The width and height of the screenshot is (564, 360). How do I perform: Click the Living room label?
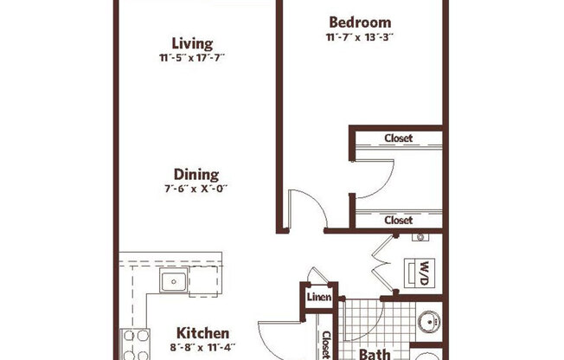[192, 43]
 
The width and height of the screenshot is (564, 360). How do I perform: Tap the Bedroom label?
[360, 22]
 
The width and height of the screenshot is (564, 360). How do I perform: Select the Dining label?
[195, 174]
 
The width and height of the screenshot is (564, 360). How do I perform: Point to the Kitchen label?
[202, 333]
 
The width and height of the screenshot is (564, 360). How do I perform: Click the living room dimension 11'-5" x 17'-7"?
[194, 58]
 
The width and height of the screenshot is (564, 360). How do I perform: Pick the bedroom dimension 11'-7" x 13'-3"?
[360, 37]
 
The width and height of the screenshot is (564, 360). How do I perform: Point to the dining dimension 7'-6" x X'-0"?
[195, 189]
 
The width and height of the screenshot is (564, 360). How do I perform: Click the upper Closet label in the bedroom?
[398, 138]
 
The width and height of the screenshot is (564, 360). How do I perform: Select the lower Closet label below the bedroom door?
[398, 221]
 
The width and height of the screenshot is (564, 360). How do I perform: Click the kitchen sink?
[172, 280]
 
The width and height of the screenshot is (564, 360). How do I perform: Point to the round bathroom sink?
[427, 324]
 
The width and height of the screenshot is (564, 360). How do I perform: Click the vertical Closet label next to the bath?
[326, 344]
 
